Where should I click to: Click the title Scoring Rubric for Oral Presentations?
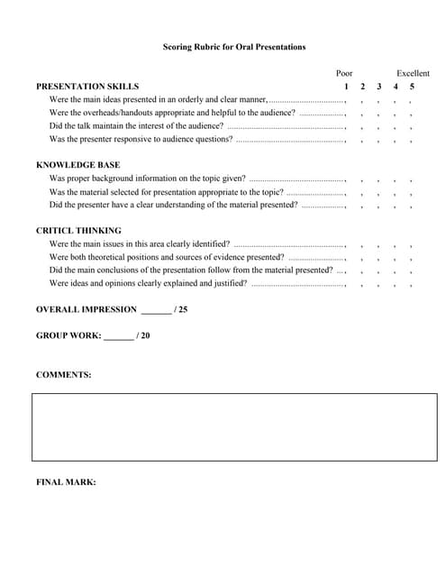(233, 47)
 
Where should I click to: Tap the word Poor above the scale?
(344, 73)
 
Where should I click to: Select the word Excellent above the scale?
(413, 73)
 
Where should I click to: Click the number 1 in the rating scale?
(346, 87)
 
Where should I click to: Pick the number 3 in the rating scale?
(378, 87)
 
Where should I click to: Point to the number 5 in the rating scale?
(412, 87)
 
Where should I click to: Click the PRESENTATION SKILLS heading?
(87, 87)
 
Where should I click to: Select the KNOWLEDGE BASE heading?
(77, 165)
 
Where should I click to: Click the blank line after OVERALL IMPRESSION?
(156, 310)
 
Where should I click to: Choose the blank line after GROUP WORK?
(118, 336)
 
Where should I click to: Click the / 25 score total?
(180, 309)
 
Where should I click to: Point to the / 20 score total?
(142, 335)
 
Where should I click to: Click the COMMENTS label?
(63, 374)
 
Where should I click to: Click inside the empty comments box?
(234, 427)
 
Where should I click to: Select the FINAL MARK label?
(66, 481)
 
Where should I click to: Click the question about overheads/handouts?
(171, 113)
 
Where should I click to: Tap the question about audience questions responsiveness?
(141, 140)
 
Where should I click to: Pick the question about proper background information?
(147, 179)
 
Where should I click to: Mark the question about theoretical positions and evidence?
(167, 257)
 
